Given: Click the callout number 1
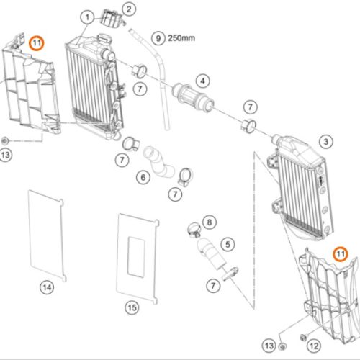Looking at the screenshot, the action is tap(87, 17).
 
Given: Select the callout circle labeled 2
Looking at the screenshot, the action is tap(129, 9).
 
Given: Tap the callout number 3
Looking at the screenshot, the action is tap(326, 142).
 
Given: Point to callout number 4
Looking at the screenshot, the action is tap(203, 81).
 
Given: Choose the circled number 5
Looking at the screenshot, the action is tap(228, 244).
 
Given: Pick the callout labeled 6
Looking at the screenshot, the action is tap(143, 178).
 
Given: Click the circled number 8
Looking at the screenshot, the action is tap(210, 222).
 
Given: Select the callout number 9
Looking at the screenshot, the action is tap(158, 38).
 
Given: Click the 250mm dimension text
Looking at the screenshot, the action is tap(181, 38).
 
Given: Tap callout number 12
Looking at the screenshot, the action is tap(314, 346).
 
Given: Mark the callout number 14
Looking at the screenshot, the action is tap(47, 287).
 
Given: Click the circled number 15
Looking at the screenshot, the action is tap(132, 307).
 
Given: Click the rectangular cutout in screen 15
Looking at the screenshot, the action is tap(136, 257).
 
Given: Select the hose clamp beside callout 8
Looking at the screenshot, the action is tap(194, 230).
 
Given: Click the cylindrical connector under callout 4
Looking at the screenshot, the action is tap(194, 97).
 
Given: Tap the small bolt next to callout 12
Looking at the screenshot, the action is tap(303, 338).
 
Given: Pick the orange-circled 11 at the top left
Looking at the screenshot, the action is tap(37, 43).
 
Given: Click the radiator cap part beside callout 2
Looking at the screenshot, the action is tap(111, 18).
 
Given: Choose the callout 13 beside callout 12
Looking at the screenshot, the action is tap(269, 346).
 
